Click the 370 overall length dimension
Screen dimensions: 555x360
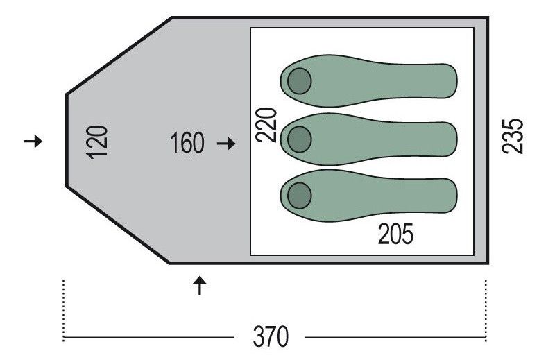[271, 336]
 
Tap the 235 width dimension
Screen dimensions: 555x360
[513, 136]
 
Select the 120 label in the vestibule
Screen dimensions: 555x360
[96, 142]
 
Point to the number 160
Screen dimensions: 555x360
[187, 143]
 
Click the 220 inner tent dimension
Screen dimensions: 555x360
[266, 125]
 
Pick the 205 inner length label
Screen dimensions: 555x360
[395, 234]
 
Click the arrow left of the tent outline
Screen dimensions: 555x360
[33, 142]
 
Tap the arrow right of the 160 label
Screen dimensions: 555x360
[226, 144]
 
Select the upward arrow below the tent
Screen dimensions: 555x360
[200, 285]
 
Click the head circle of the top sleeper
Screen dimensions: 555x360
[300, 81]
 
